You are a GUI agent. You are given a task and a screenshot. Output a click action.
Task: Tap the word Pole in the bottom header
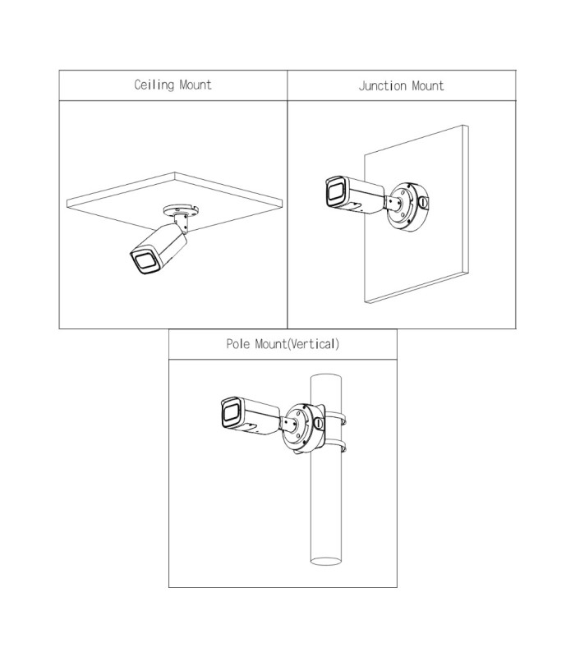point(238,344)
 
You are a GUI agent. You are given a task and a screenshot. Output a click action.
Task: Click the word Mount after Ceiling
point(195,85)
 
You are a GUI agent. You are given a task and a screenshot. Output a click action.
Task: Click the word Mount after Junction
point(427,86)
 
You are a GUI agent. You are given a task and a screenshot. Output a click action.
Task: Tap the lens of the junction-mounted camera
point(336,192)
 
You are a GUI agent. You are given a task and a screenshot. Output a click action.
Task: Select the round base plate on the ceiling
point(182,209)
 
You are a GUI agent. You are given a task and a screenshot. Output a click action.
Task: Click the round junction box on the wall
point(407,206)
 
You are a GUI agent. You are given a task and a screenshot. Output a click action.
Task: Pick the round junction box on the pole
point(303,428)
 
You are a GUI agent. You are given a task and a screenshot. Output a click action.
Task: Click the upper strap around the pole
point(335,418)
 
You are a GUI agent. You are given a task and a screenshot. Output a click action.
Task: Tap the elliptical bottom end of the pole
point(326,561)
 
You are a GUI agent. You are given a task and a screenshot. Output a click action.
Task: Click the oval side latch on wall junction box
point(423,203)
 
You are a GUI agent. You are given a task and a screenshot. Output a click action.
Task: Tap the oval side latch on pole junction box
point(319,423)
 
